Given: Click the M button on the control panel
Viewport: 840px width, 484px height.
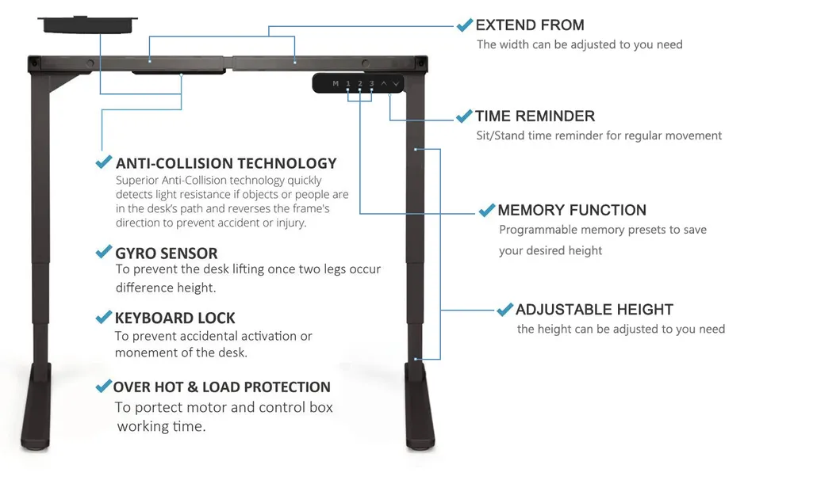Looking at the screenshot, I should [x=336, y=83].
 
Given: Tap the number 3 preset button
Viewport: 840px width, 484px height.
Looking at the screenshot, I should [x=371, y=83].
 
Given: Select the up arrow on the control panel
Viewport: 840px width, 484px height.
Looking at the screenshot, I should [x=384, y=83].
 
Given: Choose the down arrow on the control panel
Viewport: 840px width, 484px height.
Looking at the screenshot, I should [x=396, y=83].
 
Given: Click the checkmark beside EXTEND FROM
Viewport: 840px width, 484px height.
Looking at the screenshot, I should [x=465, y=25].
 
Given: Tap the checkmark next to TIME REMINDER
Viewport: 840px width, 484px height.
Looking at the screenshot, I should [x=464, y=116].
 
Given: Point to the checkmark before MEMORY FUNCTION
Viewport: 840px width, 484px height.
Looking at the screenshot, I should [x=486, y=211].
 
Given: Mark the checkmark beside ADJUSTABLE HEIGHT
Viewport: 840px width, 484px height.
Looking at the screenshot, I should [x=504, y=310].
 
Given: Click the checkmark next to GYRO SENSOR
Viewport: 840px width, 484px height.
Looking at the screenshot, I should [x=103, y=253].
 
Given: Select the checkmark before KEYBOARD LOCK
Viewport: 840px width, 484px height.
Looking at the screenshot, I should [x=103, y=318].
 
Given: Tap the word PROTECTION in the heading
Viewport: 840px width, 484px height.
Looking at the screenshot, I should [x=287, y=387].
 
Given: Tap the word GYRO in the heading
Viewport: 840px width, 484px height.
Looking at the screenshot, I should [x=136, y=253].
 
